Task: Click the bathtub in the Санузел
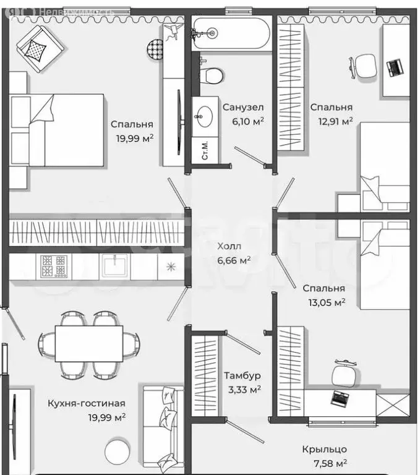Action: pos(231,33)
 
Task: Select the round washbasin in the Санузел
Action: pos(205,116)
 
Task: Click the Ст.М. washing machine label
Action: pos(205,150)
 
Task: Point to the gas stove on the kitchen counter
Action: pos(54,267)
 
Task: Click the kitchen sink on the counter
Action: pos(115,266)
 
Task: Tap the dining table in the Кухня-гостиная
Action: pos(89,343)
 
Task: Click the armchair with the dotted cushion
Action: pos(41,48)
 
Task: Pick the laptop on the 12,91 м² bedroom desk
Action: pos(395,69)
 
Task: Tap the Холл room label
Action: pos(229,246)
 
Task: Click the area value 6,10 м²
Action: pos(248,121)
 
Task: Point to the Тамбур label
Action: pos(242,375)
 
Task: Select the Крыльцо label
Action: pos(324,449)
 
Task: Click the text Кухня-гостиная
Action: pos(87,403)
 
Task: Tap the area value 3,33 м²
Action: pos(244,390)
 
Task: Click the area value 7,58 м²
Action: pos(330,463)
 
